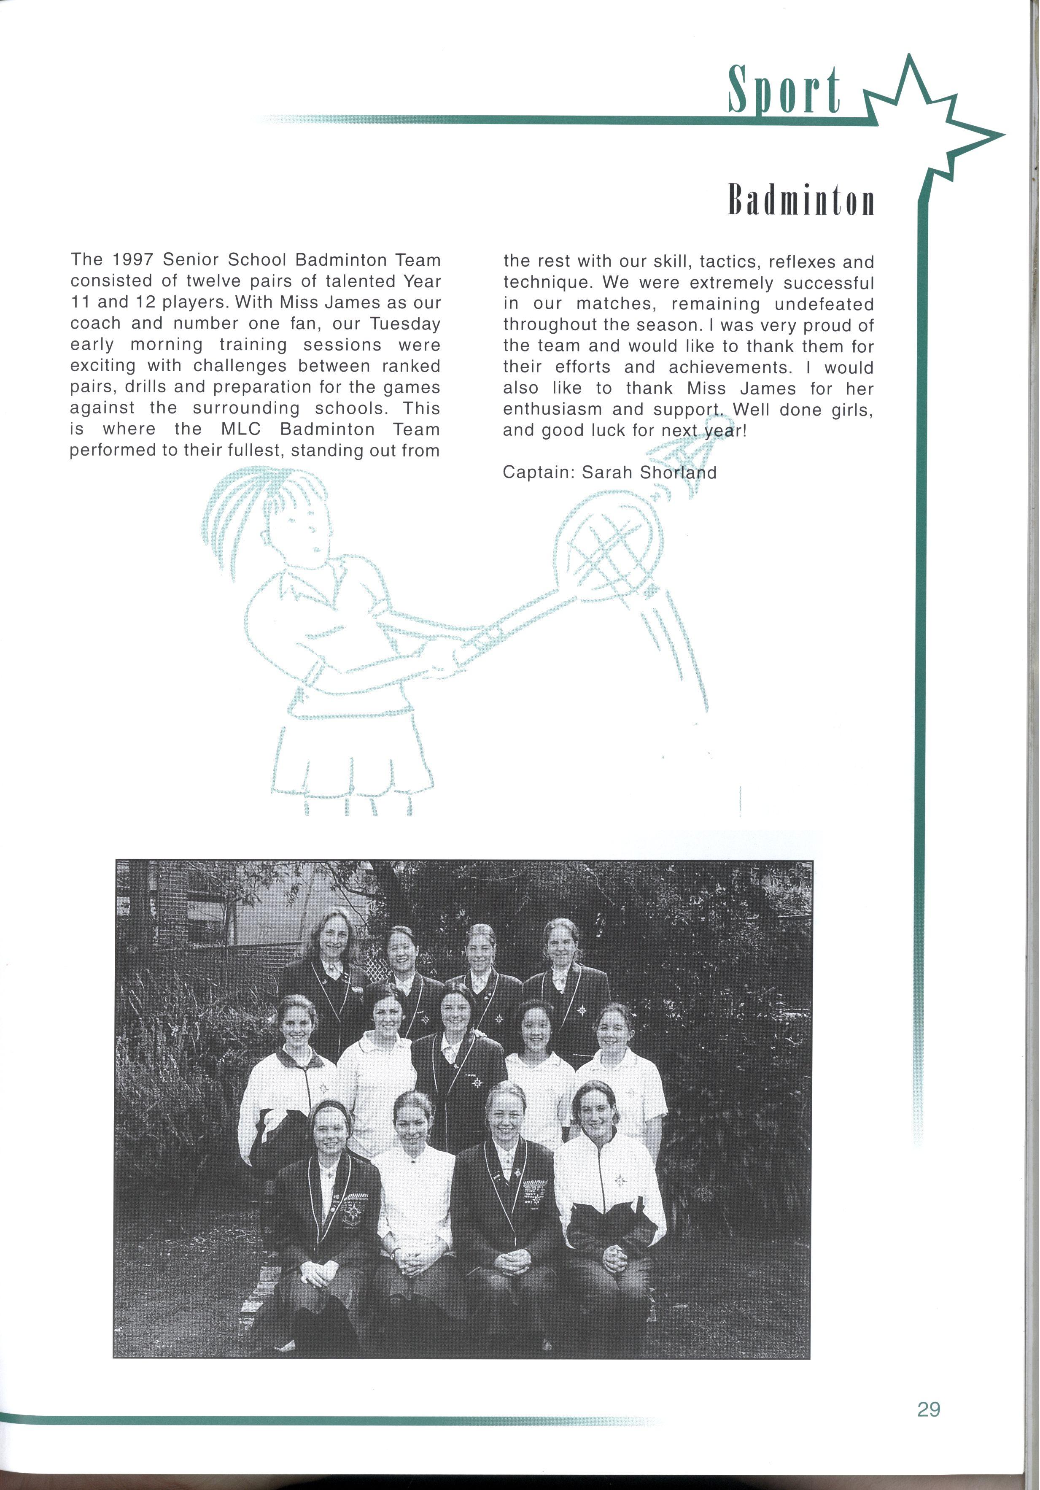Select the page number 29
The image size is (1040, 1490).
(x=928, y=1409)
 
